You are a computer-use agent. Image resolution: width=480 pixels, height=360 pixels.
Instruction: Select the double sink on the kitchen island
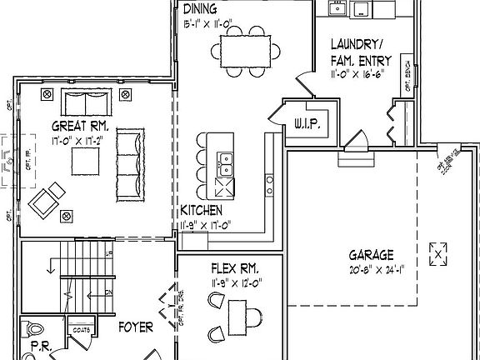point(225,157)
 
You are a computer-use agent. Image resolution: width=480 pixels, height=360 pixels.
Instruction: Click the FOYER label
point(135,328)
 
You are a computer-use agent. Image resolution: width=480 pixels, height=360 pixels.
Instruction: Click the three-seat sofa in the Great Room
point(128,163)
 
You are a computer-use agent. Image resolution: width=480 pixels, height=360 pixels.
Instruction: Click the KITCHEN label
point(201,212)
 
